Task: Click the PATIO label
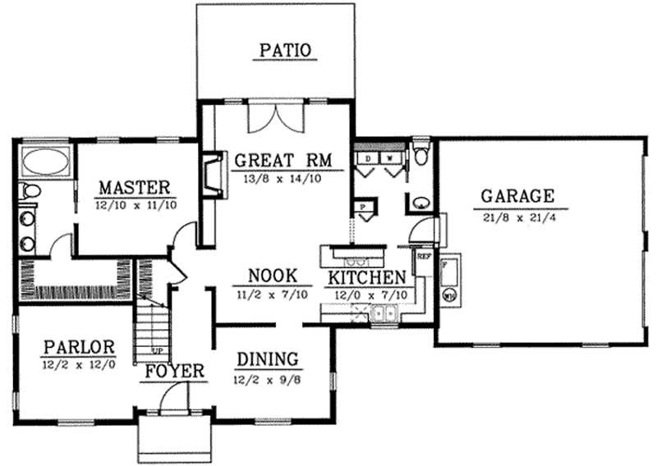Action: pos(285,50)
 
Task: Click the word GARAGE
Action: pos(517,196)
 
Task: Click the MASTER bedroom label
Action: pos(134,186)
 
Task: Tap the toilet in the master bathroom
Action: pos(30,191)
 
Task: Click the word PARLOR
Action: pos(80,345)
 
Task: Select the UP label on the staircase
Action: pos(157,350)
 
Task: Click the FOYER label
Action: pos(175,372)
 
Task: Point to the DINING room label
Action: pos(267,359)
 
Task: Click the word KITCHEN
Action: pos(367,276)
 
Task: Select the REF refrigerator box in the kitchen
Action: pos(424,257)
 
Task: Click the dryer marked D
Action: pos(369,155)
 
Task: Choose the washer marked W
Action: pos(390,155)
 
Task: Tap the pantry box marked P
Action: pos(362,207)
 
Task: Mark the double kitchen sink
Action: pos(383,312)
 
